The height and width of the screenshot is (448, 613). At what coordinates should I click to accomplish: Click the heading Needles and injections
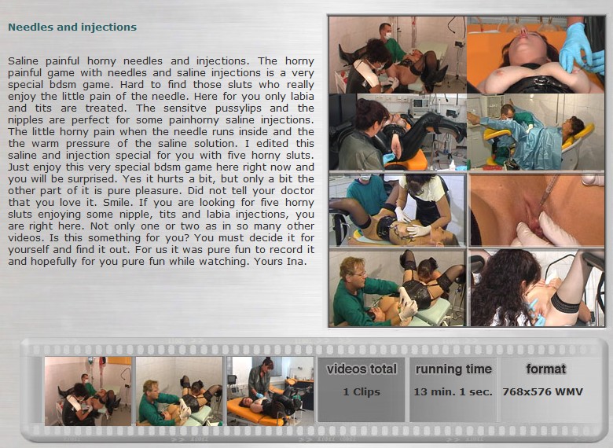72,27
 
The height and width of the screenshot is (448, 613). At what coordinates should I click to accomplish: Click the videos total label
362,369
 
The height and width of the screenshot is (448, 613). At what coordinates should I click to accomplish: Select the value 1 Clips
362,391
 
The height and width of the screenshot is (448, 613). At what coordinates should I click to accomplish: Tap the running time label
453,369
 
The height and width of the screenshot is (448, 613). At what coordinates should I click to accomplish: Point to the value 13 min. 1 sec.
453,391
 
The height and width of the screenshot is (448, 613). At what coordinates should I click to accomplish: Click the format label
545,369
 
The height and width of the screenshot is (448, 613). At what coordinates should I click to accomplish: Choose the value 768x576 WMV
543,391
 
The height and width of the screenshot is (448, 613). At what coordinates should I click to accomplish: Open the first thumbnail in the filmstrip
88,391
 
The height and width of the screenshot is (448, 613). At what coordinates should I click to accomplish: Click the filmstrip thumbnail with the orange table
270,391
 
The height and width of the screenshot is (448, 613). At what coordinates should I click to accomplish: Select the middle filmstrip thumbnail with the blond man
179,391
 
